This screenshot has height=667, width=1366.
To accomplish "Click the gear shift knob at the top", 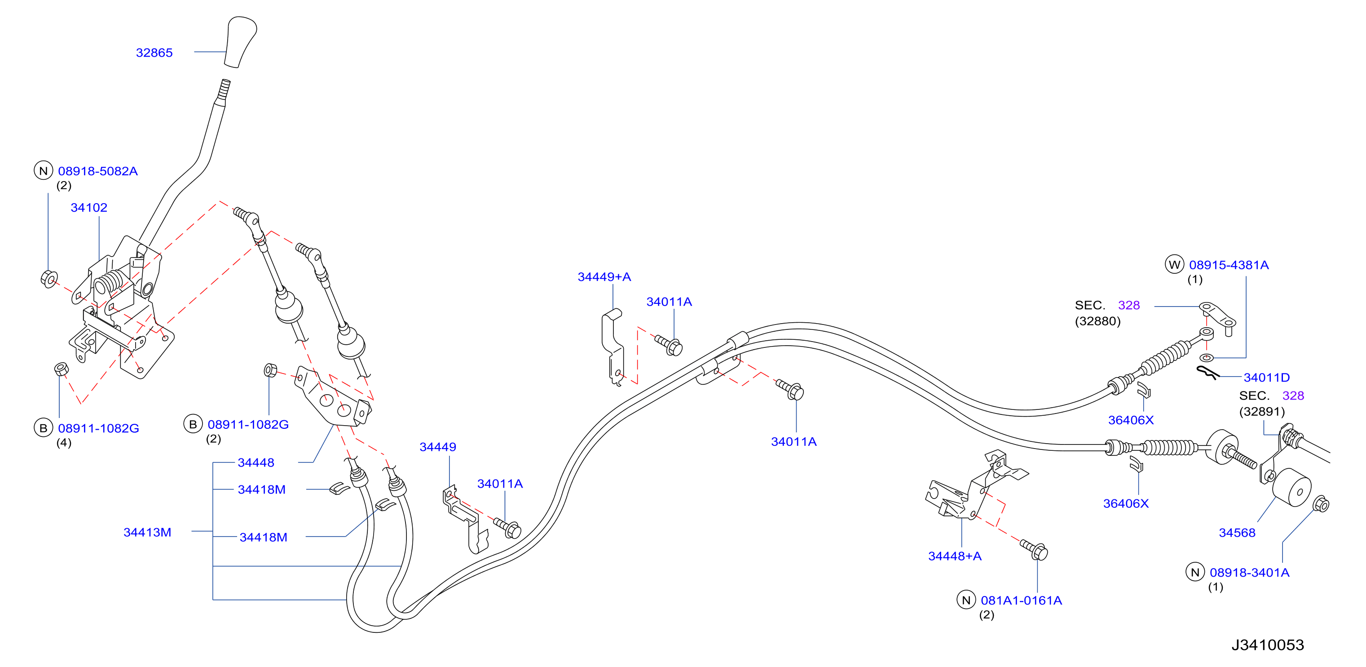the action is (x=240, y=42).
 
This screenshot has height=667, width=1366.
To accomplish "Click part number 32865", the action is (x=154, y=53).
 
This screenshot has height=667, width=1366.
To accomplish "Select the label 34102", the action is (x=89, y=208).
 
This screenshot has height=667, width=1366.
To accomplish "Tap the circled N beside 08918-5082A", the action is (x=44, y=171).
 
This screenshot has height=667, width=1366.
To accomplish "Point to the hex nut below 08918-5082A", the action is (x=49, y=279).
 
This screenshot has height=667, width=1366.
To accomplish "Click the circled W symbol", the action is (x=1175, y=264).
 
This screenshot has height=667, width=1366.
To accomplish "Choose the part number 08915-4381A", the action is (x=1229, y=265).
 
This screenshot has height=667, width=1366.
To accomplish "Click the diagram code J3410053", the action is (x=1267, y=645).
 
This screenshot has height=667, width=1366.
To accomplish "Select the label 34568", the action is (x=1237, y=533).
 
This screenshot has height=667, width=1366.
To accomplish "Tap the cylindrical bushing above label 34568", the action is (x=1292, y=488).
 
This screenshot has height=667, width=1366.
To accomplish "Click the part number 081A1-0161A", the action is (x=1021, y=600).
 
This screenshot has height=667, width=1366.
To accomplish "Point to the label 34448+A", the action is (x=955, y=556).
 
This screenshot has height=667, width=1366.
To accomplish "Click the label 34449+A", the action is (x=604, y=276).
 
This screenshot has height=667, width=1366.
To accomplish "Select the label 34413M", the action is (x=147, y=532).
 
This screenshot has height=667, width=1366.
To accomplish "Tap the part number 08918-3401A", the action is (x=1249, y=573).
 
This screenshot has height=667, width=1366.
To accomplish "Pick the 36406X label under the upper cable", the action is (x=1131, y=420).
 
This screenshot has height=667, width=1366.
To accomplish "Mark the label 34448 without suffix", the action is (x=256, y=462).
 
